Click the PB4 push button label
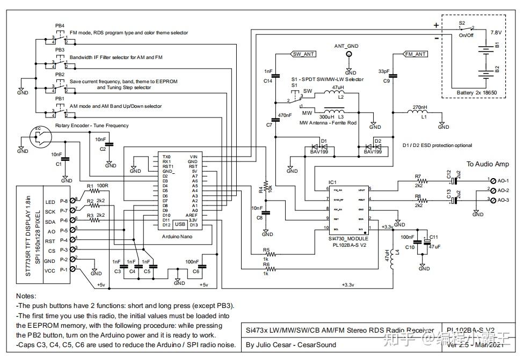tap(60, 26)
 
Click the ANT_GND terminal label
tap(346, 46)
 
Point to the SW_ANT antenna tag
tap(304, 54)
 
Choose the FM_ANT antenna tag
tap(416, 54)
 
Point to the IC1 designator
tap(332, 182)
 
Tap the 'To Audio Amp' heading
tap(487, 164)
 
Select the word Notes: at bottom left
tap(26, 296)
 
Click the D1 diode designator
tap(324, 141)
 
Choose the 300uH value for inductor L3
tap(325, 116)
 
